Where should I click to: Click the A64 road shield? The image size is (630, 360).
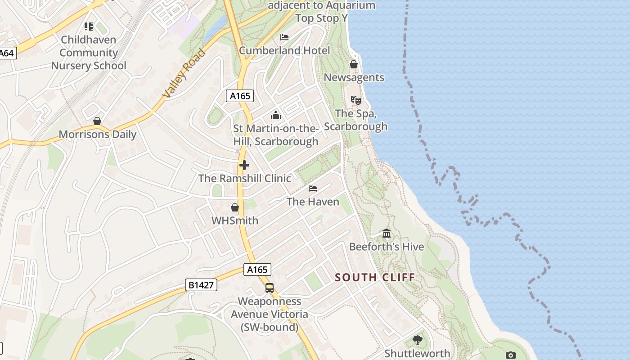coord(7,53)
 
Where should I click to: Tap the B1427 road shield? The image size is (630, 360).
coord(201,285)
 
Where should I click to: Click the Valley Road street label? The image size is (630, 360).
coord(184,73)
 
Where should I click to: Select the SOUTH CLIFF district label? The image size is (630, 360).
coord(375,277)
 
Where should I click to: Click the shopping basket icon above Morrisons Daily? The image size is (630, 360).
coord(97,121)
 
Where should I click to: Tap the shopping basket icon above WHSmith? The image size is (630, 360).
coord(234,207)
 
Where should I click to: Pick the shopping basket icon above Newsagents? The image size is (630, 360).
coord(354,64)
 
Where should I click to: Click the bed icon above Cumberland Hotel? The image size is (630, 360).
coord(284,37)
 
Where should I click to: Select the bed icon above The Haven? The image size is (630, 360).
coord(313,188)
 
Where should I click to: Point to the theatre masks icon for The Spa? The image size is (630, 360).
coord(355,100)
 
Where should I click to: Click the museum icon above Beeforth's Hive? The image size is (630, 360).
coord(387,233)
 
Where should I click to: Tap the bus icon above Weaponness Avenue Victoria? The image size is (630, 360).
coord(269,288)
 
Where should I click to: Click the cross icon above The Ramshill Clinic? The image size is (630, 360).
coord(244,165)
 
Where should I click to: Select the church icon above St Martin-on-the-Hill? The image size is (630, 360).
coord(276,116)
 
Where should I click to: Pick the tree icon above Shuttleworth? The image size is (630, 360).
coord(418,340)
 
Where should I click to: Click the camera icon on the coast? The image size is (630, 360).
coord(510,355)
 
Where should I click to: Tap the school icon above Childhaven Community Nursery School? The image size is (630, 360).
coord(89,27)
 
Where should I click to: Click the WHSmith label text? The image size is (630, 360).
coord(235,220)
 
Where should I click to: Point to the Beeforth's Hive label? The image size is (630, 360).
coord(387,247)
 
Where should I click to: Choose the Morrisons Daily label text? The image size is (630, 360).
coord(97,135)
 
